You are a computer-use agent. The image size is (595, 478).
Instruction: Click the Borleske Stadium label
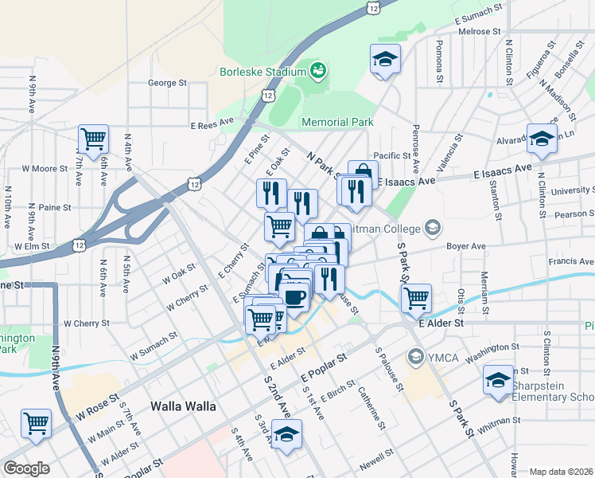point(262,71)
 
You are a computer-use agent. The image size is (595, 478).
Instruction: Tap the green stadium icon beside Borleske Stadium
point(318,71)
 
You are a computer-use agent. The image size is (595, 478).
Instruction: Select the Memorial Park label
point(337,122)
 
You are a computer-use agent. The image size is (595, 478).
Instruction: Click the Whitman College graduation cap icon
point(433,229)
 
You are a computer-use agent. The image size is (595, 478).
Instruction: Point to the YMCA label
point(443,356)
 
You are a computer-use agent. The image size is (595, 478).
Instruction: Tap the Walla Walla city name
point(183,406)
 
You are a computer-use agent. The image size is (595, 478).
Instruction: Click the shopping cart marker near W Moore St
point(93,139)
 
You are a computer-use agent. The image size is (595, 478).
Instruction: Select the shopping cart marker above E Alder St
point(416,299)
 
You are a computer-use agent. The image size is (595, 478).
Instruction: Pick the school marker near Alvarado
point(542,138)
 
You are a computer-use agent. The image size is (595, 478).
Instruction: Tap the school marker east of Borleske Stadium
point(385,58)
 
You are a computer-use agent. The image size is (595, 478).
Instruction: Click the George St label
point(167,82)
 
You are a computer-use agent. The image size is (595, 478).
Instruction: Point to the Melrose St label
point(480,32)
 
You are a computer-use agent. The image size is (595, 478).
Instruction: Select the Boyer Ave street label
point(465,246)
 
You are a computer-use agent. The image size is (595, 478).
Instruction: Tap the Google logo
point(26,468)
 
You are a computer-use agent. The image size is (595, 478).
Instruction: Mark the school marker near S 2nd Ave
point(287,434)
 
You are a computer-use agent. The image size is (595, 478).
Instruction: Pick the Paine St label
point(55,207)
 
